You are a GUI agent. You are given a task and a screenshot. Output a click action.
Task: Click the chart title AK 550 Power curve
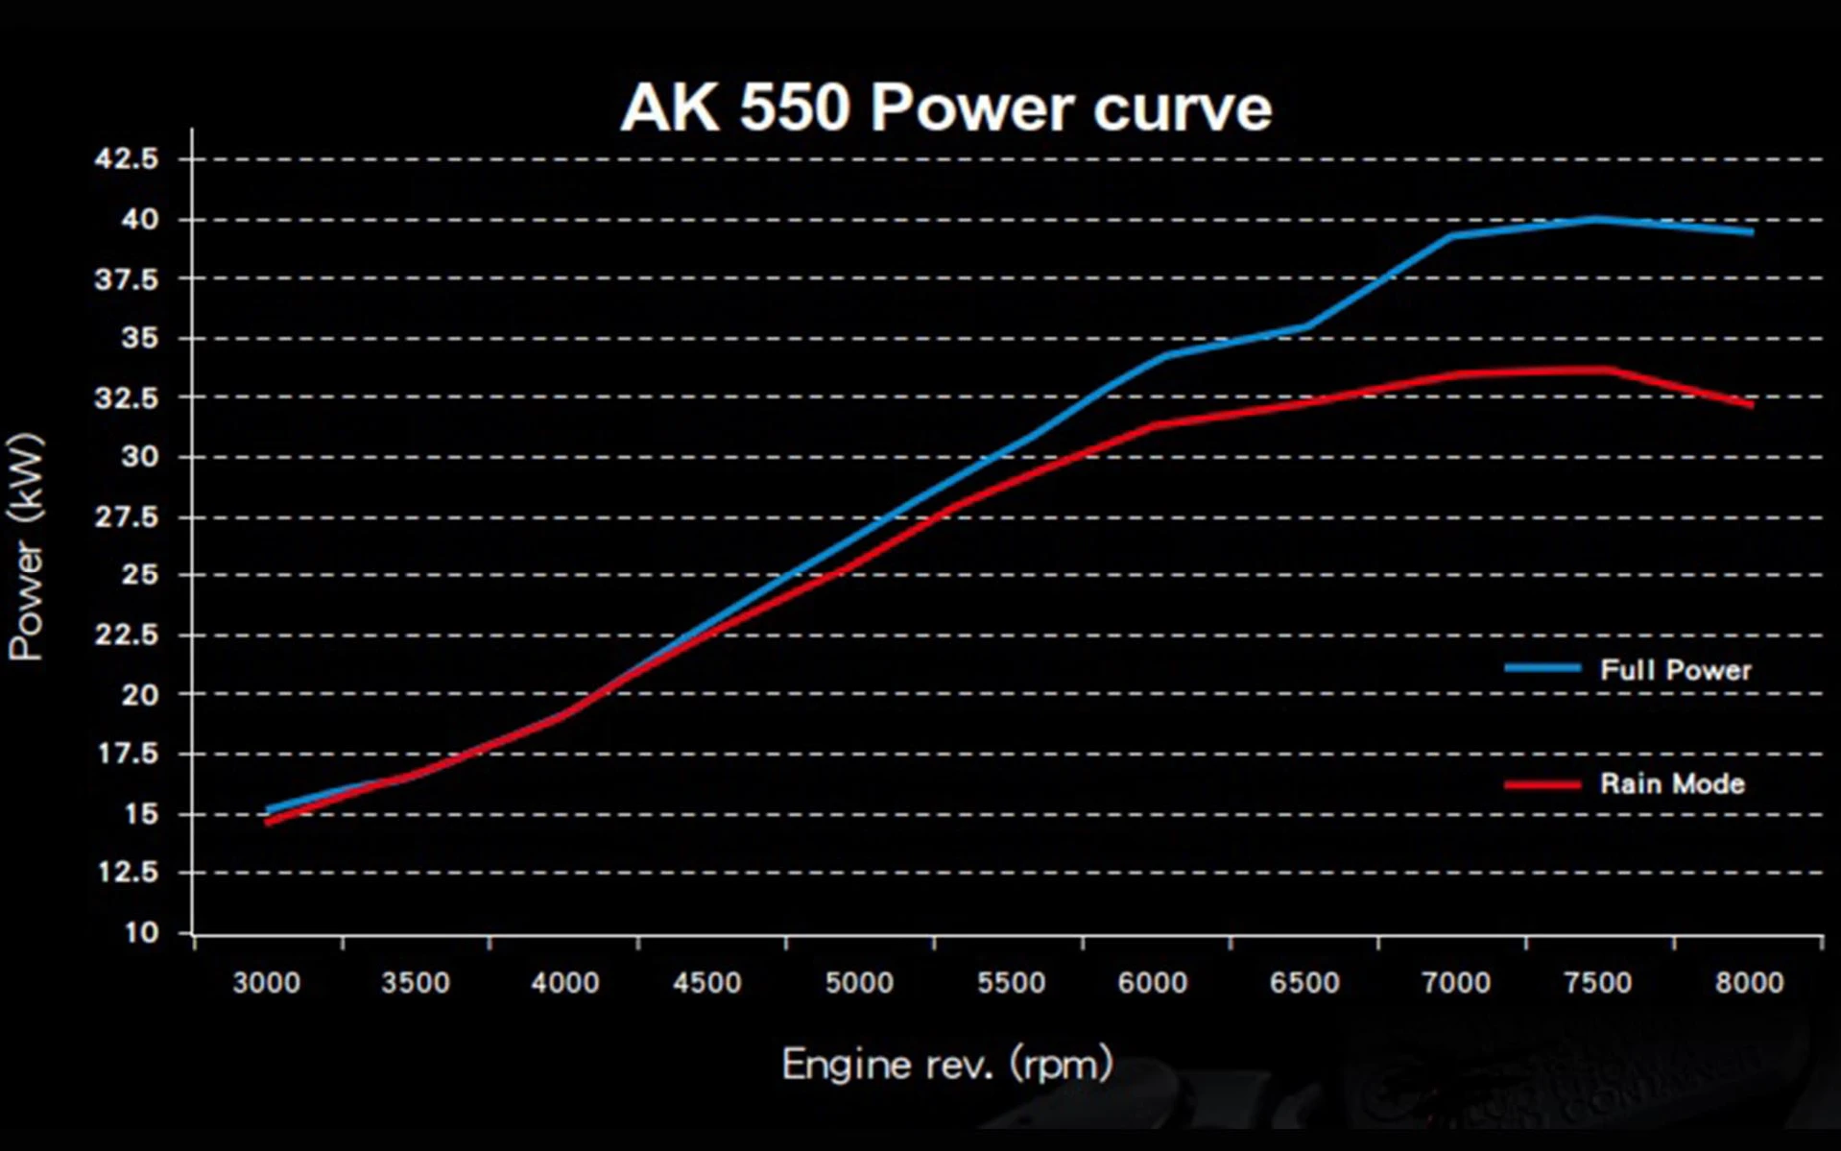945,108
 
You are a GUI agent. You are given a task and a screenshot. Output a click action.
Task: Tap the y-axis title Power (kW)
27,547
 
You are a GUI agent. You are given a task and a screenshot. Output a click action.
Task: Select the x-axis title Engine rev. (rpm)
946,1065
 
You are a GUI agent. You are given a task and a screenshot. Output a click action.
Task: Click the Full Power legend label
1675,670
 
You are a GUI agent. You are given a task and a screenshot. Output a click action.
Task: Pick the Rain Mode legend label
1672,784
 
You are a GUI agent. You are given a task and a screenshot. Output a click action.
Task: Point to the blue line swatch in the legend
1542,668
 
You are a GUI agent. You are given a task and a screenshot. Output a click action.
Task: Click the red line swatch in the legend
1542,784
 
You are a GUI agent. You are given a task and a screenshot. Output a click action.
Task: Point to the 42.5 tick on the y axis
127,158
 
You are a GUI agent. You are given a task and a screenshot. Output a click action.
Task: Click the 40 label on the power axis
139,219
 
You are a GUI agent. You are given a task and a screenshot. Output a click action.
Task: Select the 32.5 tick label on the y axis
127,397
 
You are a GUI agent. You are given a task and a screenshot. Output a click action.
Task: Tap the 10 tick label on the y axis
141,932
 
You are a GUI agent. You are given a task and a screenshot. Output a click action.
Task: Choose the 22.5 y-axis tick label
127,635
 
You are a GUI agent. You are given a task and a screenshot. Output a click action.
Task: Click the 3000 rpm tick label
267,983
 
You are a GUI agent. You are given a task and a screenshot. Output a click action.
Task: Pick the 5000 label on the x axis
859,983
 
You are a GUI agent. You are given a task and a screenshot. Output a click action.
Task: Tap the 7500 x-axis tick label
1598,983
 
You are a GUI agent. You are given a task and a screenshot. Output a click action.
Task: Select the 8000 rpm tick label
1749,983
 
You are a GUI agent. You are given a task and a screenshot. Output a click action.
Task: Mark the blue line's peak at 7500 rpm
1596,219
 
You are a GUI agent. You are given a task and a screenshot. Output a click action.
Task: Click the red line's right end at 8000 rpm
1752,404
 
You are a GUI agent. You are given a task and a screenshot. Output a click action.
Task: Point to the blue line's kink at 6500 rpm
1307,326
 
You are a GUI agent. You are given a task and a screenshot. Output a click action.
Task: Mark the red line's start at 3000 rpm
268,822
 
